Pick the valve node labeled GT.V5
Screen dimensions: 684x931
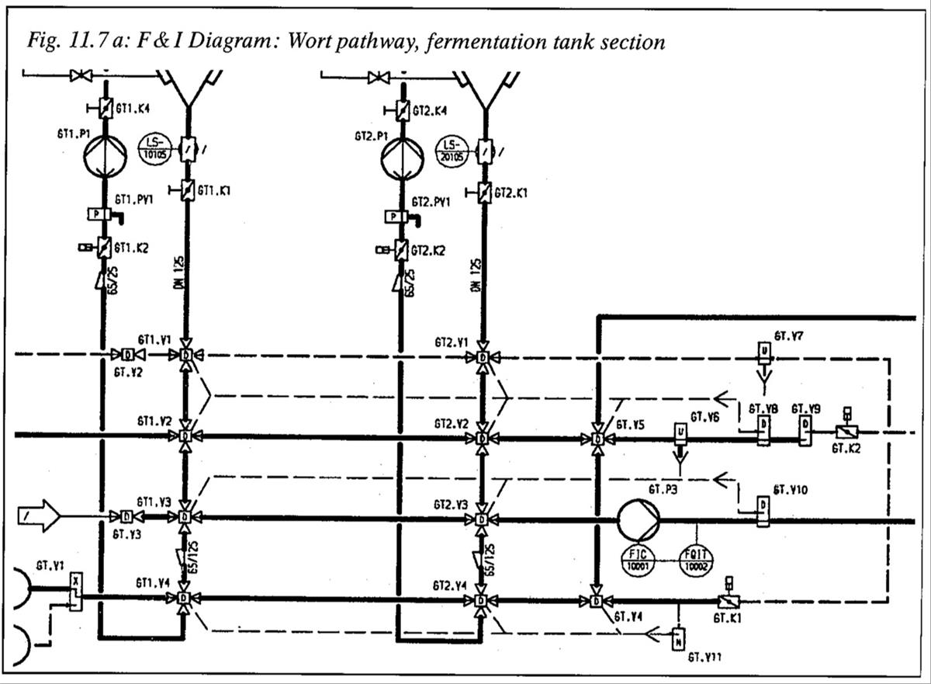coord(597,439)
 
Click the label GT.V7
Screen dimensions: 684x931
coord(788,335)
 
